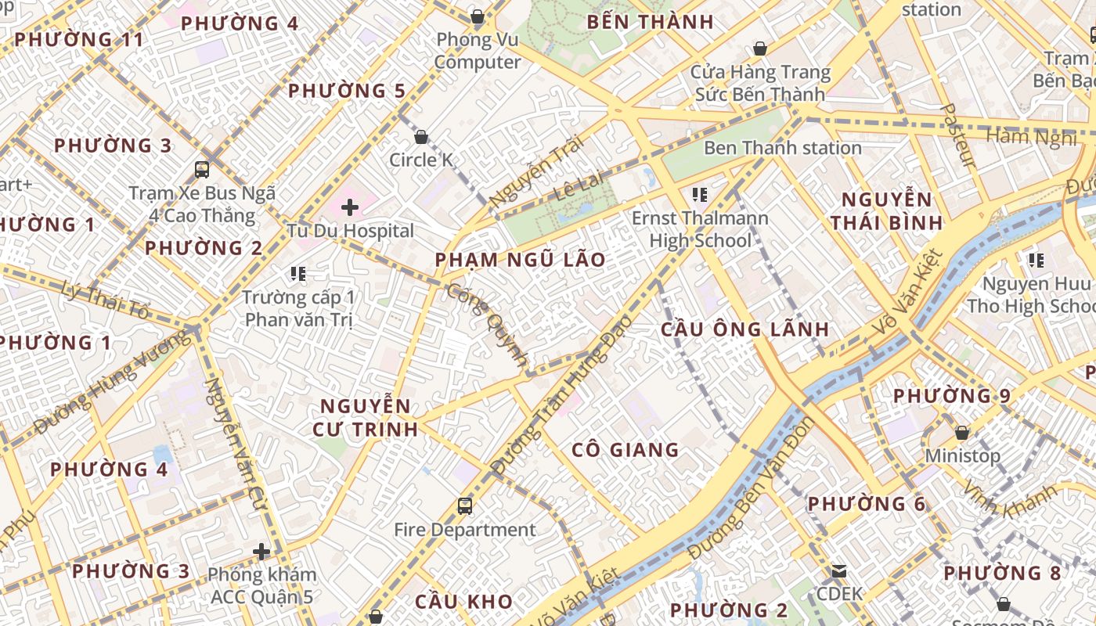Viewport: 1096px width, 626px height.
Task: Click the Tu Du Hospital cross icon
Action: pos(350,207)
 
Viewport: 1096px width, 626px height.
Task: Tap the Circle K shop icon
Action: pos(421,137)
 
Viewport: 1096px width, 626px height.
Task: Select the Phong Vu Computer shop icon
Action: pos(478,16)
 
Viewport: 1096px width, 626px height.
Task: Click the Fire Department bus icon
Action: pos(465,506)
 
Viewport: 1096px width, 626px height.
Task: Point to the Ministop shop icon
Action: pos(962,433)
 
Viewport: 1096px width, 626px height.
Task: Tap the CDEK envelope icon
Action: pos(839,571)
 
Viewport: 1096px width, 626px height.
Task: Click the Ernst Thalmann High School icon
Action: pos(700,194)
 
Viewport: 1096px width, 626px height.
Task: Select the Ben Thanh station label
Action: pos(782,148)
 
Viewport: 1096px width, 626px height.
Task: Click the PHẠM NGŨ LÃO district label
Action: pos(520,260)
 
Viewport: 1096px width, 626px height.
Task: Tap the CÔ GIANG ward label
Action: pos(625,450)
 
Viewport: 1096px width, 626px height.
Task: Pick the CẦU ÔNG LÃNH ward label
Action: pos(744,329)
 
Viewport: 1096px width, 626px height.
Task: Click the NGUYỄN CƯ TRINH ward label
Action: pos(365,418)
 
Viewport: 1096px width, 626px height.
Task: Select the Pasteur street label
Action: pos(957,135)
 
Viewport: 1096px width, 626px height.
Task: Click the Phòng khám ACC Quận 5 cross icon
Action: pos(261,552)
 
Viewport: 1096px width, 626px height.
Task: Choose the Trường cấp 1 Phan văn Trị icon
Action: pos(297,274)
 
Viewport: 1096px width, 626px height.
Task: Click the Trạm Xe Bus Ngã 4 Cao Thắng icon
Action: pos(202,169)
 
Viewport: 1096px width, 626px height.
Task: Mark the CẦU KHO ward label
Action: pos(463,603)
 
